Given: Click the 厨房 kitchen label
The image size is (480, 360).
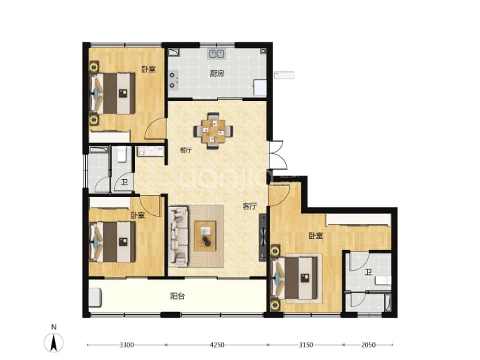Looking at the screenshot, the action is (x=217, y=74).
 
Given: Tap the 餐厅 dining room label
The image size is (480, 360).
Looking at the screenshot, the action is (x=186, y=150).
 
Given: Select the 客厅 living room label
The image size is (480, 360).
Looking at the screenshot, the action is (x=250, y=206).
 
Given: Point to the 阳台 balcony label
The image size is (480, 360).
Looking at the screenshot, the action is (x=177, y=296).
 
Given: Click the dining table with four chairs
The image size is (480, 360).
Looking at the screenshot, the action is (x=213, y=131).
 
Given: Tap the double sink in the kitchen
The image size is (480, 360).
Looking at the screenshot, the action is (x=216, y=54).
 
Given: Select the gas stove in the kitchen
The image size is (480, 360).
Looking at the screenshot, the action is (x=173, y=80).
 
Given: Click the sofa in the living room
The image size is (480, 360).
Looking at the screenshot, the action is (x=178, y=236).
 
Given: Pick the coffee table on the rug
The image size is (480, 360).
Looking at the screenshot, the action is (x=205, y=235).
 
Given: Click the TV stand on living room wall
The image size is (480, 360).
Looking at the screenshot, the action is (x=263, y=237).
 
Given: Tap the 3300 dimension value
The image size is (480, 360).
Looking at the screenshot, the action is (x=127, y=345).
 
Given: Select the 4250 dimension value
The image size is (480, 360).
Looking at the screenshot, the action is (x=217, y=345).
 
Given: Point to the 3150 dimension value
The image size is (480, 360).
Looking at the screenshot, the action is (x=305, y=345).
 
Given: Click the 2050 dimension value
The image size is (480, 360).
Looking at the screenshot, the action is (x=368, y=345).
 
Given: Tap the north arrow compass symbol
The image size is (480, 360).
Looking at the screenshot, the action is (x=54, y=341).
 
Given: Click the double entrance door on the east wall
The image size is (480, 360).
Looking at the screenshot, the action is (x=278, y=155).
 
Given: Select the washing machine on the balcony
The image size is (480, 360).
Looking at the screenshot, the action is (x=95, y=297).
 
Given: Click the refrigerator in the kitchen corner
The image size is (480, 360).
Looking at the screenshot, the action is (x=260, y=87).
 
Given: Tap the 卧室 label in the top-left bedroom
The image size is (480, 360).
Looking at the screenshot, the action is (x=148, y=69).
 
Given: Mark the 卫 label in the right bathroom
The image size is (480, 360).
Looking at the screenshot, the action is (x=368, y=272).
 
